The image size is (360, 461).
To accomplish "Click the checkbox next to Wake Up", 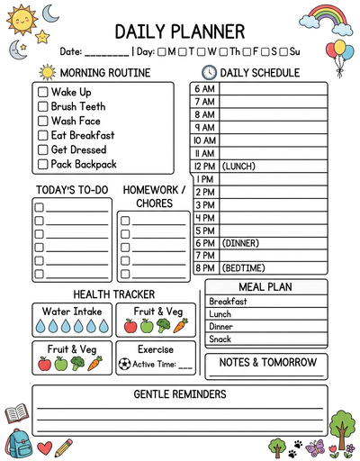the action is (42, 92).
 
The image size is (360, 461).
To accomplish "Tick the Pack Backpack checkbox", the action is (42, 164).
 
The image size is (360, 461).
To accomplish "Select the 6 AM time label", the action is (204, 89).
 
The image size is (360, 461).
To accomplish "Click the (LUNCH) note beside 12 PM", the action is (238, 166).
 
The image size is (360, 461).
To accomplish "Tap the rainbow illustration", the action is (326, 17).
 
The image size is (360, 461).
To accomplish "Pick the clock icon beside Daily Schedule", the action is (208, 72).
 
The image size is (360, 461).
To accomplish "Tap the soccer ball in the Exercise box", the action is (124, 365).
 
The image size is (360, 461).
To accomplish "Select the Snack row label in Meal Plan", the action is (220, 339).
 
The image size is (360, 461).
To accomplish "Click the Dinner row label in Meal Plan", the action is (221, 327).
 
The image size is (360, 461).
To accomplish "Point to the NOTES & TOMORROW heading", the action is (265, 362).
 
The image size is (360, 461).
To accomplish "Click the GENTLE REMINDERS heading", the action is (180, 394).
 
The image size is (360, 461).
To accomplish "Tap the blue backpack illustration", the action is (17, 443).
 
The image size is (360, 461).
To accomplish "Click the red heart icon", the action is (44, 447).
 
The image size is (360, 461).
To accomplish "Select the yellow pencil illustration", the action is (63, 447).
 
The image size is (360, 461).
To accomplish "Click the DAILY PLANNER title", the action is (180, 32).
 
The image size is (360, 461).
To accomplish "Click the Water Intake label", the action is (72, 312).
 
